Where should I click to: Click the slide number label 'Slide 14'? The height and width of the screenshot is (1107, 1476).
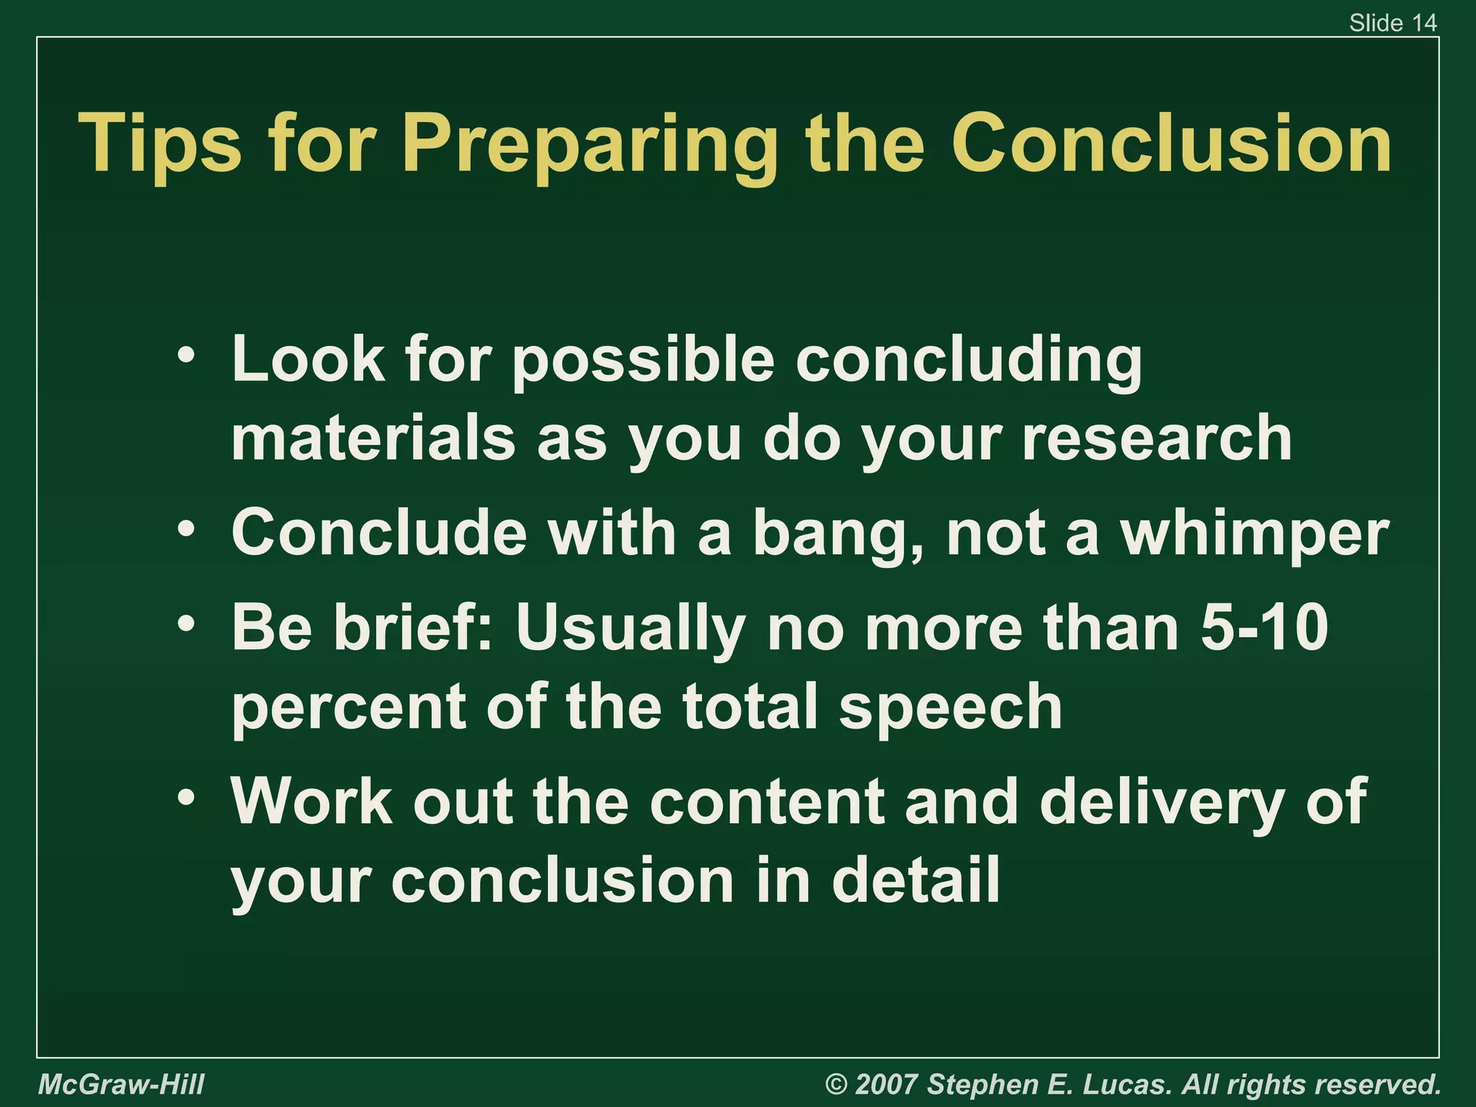[x=1392, y=23]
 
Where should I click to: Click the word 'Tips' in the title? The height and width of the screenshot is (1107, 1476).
[x=160, y=144]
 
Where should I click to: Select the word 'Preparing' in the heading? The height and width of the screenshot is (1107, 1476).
[x=590, y=148]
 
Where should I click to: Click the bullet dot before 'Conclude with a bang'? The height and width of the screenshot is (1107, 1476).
[x=187, y=530]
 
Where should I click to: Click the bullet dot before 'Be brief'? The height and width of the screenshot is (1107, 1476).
[x=187, y=623]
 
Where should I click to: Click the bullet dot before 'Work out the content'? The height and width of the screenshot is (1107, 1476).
[x=187, y=798]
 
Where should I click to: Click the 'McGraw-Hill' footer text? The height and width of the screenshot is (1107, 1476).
[x=121, y=1085]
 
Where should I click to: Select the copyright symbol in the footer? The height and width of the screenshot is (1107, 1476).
[x=836, y=1085]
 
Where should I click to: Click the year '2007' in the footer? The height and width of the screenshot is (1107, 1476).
[x=886, y=1085]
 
